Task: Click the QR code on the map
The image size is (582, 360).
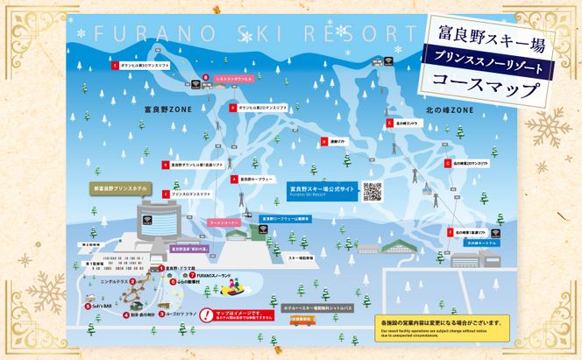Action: pyautogui.click(x=372, y=191)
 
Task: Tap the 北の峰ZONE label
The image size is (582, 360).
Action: pyautogui.click(x=450, y=110)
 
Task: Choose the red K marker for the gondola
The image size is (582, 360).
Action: pyautogui.click(x=389, y=124)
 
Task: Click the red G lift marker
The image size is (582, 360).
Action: pyautogui.click(x=446, y=163)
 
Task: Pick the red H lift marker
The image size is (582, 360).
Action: pyautogui.click(x=323, y=141)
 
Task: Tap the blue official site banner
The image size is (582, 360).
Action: pyautogui.click(x=322, y=190)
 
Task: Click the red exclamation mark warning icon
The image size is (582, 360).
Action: pyautogui.click(x=206, y=314)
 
